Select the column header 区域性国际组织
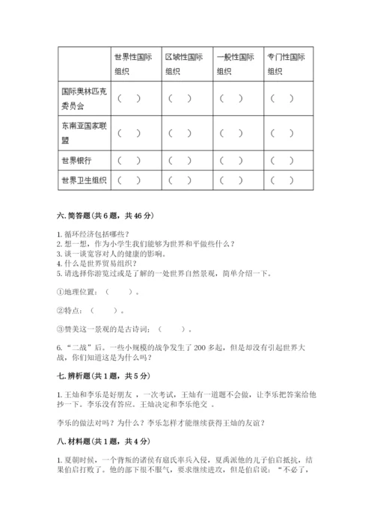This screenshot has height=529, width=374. pyautogui.click(x=184, y=64)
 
